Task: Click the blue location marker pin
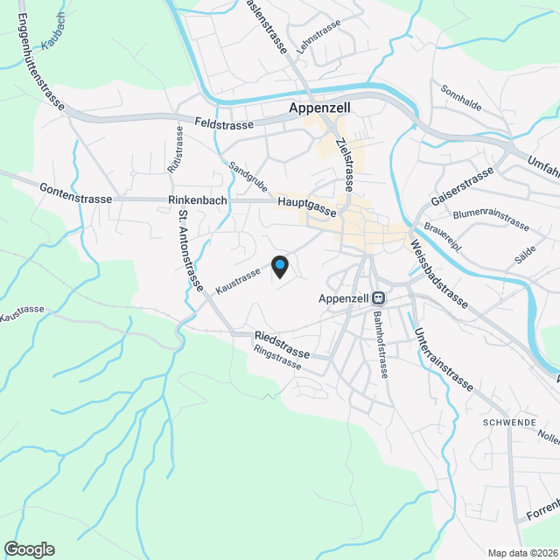click(280, 265)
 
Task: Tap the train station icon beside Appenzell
click(378, 297)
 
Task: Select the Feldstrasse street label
click(223, 125)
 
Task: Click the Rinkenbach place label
click(197, 199)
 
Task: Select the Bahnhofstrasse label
click(381, 345)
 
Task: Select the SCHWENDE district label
click(507, 422)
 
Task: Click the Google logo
click(28, 549)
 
